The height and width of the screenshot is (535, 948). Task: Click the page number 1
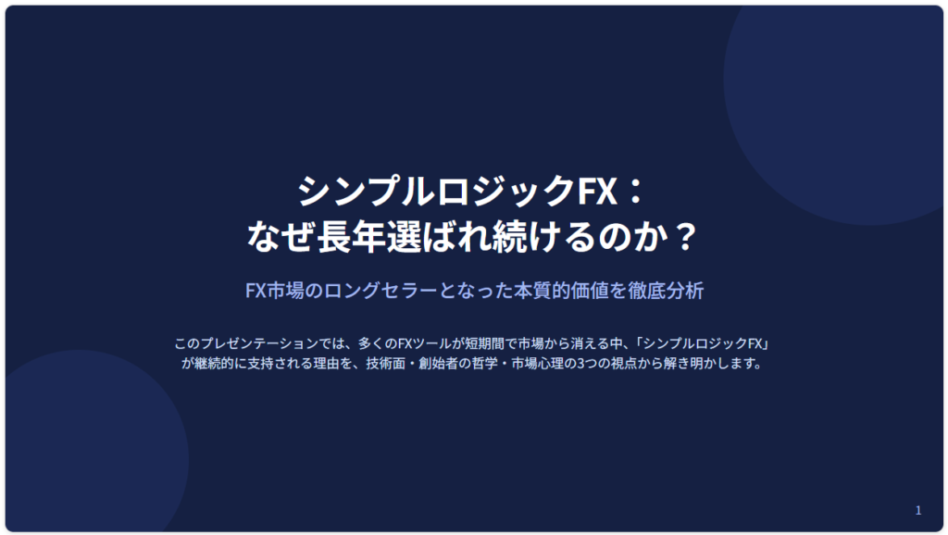pyautogui.click(x=917, y=510)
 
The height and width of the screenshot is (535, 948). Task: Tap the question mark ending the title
pyautogui.click(x=685, y=236)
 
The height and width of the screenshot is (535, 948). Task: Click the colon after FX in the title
pyautogui.click(x=635, y=191)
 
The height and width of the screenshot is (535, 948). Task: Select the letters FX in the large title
pyautogui.click(x=597, y=191)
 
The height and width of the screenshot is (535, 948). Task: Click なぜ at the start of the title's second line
pyautogui.click(x=281, y=236)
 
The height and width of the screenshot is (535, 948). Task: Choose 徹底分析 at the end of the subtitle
pyautogui.click(x=666, y=291)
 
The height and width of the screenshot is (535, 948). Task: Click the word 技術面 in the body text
pyautogui.click(x=385, y=364)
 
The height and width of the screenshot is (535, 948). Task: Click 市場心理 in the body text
pyautogui.click(x=538, y=364)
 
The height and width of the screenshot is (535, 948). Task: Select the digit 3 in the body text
pyautogui.click(x=581, y=364)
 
